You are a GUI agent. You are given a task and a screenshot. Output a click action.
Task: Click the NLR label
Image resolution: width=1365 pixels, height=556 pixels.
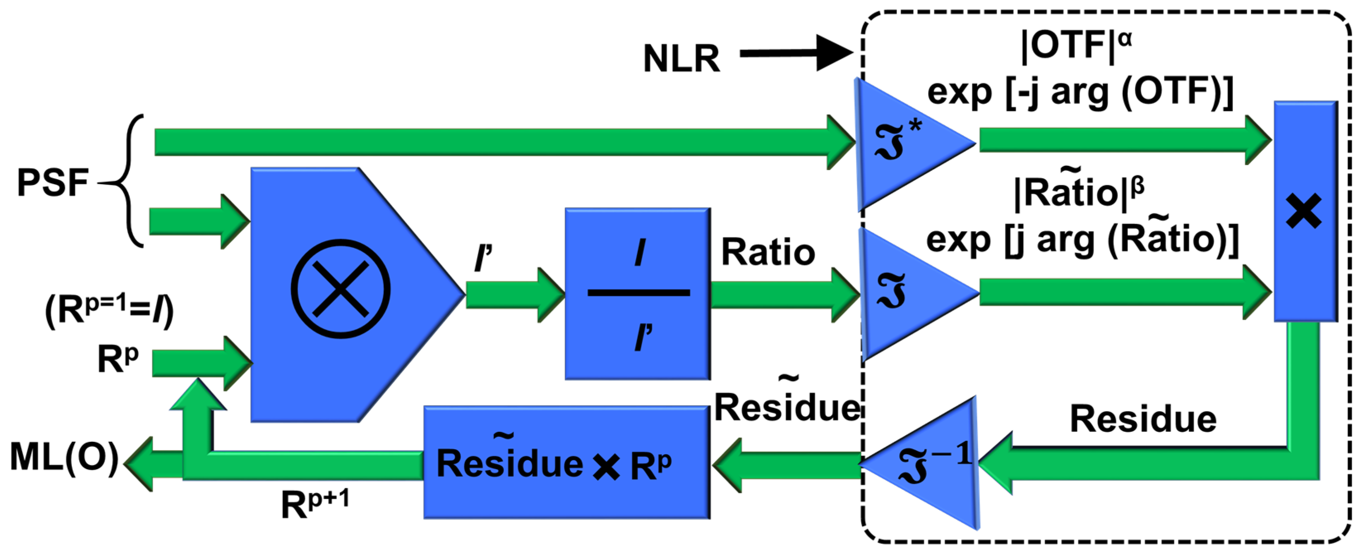tap(681, 58)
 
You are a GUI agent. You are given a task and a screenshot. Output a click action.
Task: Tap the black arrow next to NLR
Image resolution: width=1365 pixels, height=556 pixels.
tap(795, 53)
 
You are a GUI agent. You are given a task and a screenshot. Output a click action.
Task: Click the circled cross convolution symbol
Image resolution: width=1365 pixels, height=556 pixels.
tap(341, 289)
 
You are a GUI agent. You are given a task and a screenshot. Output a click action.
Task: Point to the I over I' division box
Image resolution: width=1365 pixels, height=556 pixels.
tap(638, 294)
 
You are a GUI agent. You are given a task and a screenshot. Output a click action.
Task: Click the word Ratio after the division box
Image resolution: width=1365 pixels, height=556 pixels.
tap(768, 252)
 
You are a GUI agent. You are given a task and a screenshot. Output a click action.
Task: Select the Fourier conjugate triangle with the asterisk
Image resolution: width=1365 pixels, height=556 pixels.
tap(901, 143)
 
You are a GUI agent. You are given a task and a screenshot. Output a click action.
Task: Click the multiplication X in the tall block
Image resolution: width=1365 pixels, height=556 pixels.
tap(1303, 211)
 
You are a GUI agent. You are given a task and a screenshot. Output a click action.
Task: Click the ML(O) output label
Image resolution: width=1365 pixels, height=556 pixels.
tap(64, 457)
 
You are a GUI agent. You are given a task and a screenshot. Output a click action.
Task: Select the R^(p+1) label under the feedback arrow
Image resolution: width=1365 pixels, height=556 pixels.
tap(315, 503)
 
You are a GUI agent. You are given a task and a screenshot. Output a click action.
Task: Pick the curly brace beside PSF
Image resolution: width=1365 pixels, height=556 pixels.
tap(127, 181)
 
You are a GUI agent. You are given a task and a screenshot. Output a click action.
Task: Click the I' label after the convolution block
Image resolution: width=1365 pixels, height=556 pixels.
tap(483, 258)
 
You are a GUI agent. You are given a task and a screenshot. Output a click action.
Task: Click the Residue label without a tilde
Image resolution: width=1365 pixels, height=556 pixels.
tap(1143, 419)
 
